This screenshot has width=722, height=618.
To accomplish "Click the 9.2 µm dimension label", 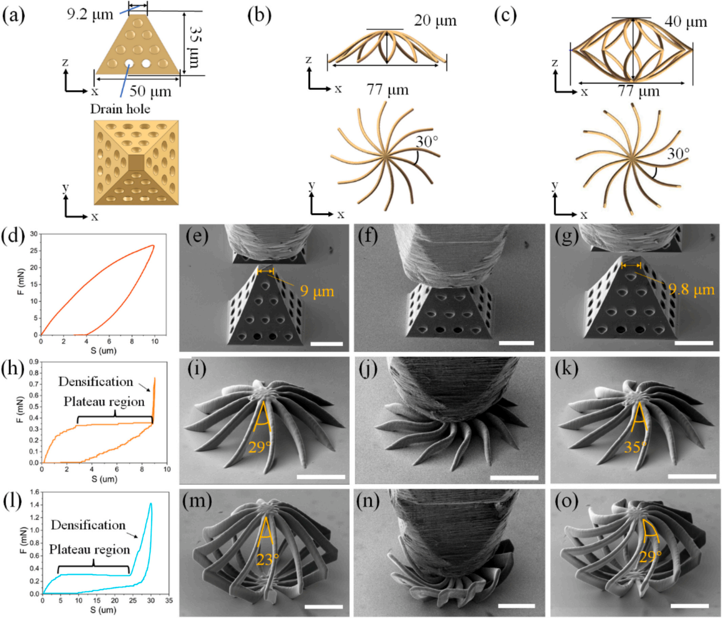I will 90,15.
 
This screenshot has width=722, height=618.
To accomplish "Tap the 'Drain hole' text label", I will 120,109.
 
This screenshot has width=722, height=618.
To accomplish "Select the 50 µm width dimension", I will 151,92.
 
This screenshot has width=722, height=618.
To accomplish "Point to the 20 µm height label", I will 435,21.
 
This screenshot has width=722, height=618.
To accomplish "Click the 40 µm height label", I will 686,22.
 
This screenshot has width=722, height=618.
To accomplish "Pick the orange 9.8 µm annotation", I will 691,289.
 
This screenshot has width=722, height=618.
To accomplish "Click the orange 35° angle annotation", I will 635,447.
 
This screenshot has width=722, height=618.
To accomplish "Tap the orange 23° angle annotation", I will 268,559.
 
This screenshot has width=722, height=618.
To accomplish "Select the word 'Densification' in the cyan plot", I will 88,525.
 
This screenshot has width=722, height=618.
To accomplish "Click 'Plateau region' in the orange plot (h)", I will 104,402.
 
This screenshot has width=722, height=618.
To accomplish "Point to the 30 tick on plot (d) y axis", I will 34,234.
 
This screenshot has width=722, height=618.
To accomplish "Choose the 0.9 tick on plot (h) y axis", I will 34,362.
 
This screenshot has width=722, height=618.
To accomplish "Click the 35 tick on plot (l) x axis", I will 169,601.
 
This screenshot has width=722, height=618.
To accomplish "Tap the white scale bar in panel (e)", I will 327,344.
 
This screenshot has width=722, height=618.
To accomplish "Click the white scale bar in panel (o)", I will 689,606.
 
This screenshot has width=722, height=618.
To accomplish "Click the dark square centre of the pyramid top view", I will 136,163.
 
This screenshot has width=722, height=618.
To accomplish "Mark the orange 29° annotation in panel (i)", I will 259,447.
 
